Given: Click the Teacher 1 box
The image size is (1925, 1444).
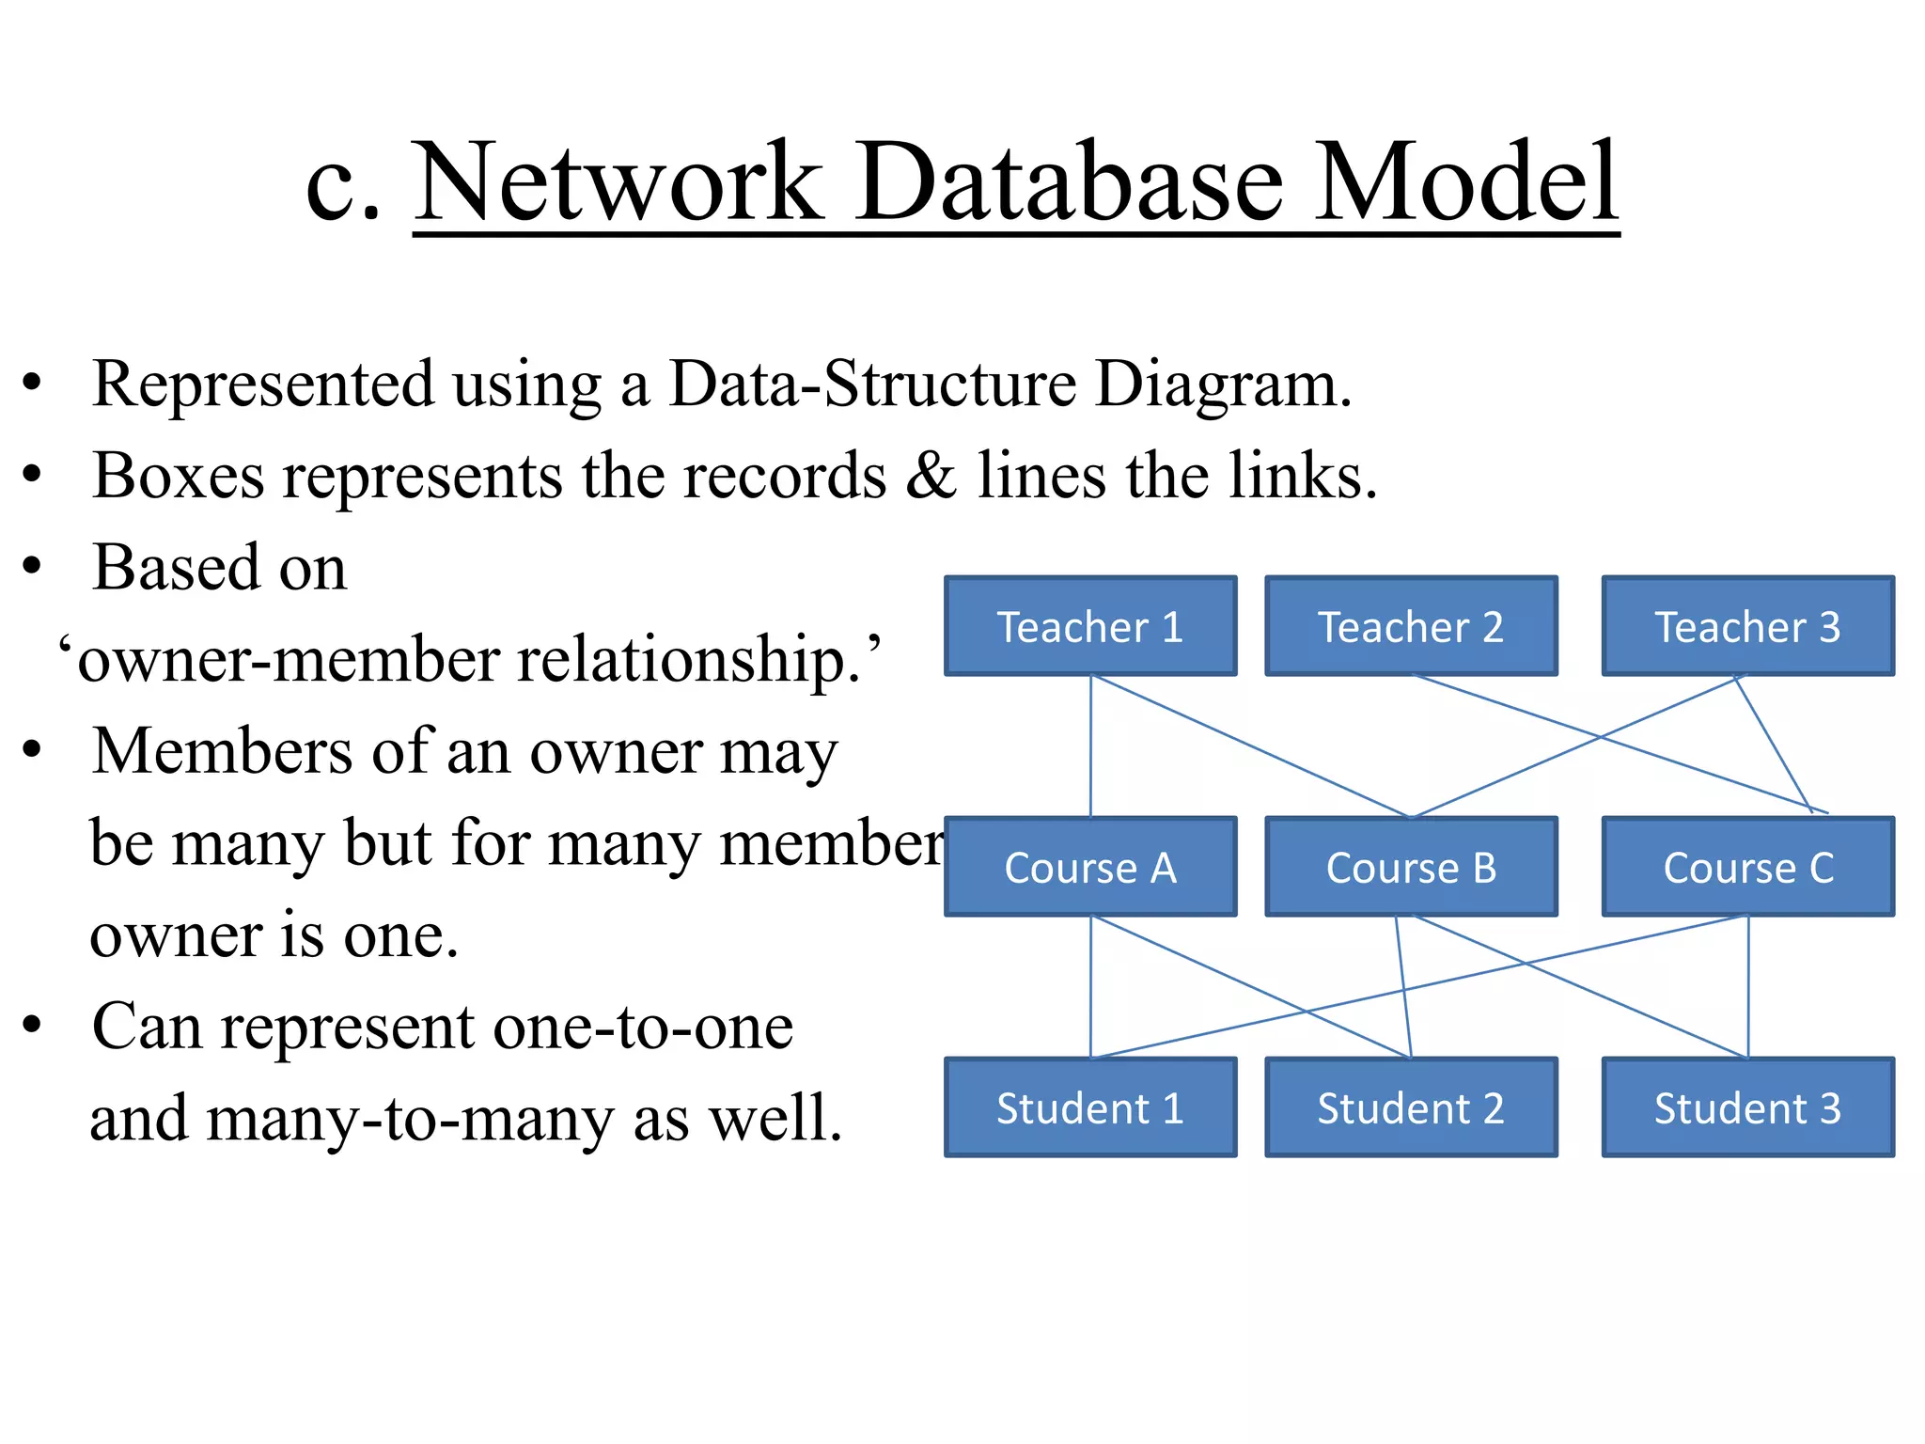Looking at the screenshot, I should [1090, 626].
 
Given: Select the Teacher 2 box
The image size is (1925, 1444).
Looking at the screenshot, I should [1411, 626].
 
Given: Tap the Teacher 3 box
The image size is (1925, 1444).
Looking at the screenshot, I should [1747, 626].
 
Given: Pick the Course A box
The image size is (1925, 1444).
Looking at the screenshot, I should [1090, 867].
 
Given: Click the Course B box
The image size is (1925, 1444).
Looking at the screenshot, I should [1411, 867].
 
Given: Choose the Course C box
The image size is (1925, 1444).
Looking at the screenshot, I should [1747, 867].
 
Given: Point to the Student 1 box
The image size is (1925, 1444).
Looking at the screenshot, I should [1090, 1107].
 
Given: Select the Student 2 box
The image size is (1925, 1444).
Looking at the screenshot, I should [1411, 1107].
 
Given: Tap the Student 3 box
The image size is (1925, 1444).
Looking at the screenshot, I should [1747, 1107].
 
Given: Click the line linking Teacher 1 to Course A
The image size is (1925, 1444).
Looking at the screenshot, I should [1090, 747].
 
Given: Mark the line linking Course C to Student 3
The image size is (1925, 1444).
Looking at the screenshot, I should [1748, 987].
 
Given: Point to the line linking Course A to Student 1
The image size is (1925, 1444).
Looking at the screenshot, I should [1090, 987].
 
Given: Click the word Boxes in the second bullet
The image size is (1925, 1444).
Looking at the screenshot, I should [179, 475].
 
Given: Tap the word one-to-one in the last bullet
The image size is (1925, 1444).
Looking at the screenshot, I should [643, 1026].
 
